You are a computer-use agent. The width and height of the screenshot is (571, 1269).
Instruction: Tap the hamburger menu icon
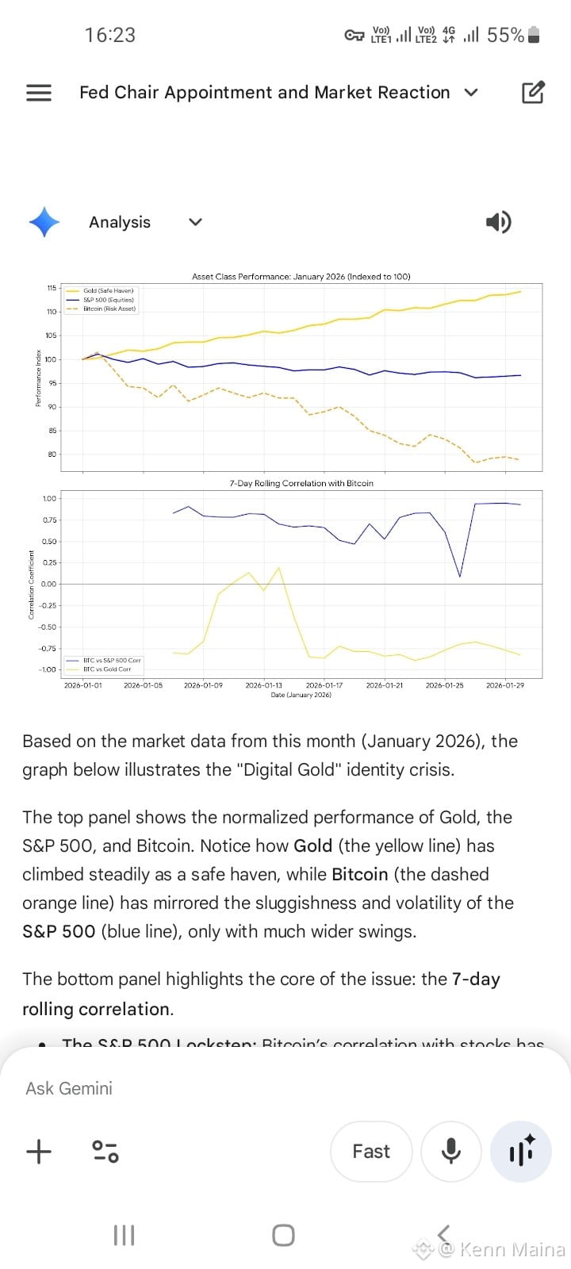pos(39,93)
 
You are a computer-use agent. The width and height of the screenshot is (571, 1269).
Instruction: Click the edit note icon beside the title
pos(533,93)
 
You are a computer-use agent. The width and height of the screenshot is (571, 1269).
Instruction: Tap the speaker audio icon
pos(498,222)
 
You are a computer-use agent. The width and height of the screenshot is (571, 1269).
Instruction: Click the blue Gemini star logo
pos(44,222)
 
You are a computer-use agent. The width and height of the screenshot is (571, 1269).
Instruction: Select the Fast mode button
pos(371,1152)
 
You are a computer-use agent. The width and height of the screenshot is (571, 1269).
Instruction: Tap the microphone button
pos(451,1152)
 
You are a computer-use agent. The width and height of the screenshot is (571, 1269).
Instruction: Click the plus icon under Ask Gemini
pos(39,1152)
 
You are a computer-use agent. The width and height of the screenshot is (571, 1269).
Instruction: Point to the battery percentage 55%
pos(505,35)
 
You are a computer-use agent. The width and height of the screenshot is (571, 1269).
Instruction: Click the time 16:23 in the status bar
pos(110,35)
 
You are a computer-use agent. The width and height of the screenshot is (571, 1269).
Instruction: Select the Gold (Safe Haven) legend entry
pos(108,291)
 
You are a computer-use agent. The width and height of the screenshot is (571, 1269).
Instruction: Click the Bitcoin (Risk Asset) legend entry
pos(109,309)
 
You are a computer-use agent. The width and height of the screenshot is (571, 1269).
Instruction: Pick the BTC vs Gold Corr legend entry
pos(107,669)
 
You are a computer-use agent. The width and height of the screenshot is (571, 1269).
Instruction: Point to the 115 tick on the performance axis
pos(52,288)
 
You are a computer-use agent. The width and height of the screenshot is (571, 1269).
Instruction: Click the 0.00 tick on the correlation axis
pos(48,585)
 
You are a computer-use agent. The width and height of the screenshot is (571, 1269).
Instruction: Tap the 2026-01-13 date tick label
pos(263,685)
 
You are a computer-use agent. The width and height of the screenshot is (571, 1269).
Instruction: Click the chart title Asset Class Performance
pos(301,277)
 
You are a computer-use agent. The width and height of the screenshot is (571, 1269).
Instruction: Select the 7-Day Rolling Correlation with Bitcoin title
pos(301,483)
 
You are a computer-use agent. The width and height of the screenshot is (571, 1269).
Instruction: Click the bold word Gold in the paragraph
pos(312,845)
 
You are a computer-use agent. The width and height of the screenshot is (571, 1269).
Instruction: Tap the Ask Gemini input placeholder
pos(69,1088)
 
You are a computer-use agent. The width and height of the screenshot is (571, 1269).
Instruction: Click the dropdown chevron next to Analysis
pos(196,222)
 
